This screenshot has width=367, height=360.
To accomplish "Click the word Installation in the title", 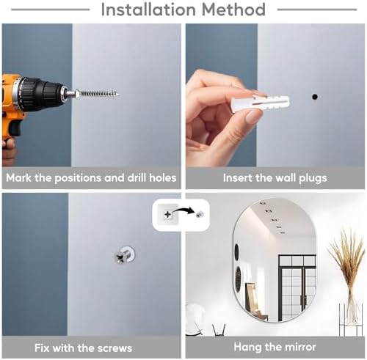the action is tap(148, 10).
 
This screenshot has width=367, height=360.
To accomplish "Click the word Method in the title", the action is tap(233, 10).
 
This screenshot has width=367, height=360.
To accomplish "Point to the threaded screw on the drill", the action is tap(97, 94).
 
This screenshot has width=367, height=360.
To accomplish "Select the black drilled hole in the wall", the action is tap(315, 97).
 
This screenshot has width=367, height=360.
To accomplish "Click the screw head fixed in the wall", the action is tap(123, 256).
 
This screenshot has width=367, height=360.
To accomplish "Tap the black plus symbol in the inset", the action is tap(168, 215).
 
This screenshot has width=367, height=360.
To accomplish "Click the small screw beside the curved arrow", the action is tap(200, 215).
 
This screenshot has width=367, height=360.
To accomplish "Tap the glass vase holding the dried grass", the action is tap(350, 313).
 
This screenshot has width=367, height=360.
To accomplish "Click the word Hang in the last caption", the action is tap(247, 347).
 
